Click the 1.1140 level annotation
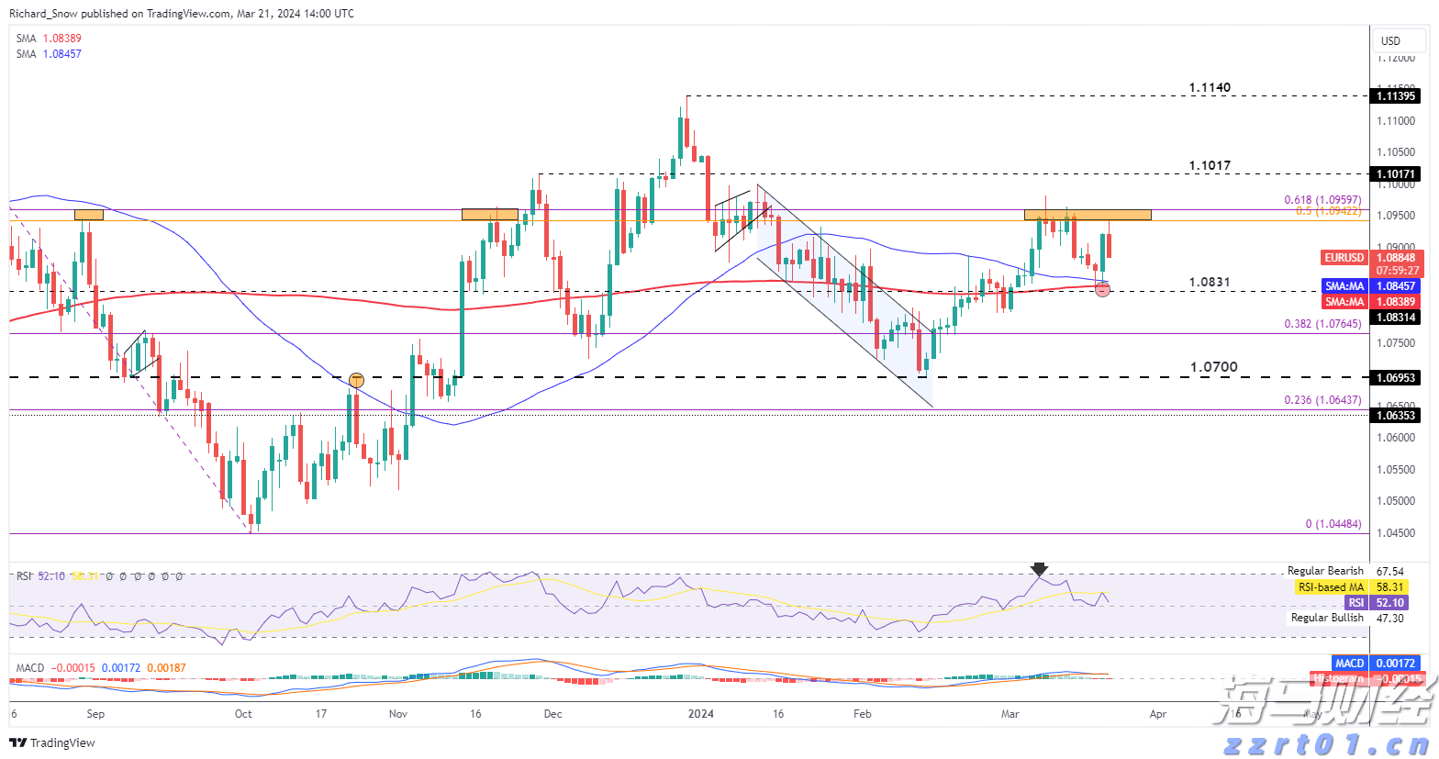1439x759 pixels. tap(1210, 88)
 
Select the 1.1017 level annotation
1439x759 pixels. tap(1210, 166)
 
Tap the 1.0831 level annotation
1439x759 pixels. tap(1210, 283)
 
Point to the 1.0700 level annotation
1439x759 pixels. tap(1213, 367)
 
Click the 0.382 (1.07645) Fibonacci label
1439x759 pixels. tap(1322, 324)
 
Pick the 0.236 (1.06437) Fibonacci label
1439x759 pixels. tap(1322, 400)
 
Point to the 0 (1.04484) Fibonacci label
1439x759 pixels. tap(1333, 524)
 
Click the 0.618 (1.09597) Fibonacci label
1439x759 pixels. tap(1322, 200)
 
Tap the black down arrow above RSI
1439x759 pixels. tap(1039, 569)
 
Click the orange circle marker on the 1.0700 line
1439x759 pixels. tap(356, 380)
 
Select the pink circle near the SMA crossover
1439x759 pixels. tap(1103, 290)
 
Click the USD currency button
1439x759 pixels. tap(1390, 40)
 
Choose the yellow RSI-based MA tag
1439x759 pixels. tap(1331, 587)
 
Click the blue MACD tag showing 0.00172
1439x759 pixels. tap(1349, 663)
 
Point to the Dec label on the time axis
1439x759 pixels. tap(552, 714)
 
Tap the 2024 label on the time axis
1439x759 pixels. tap(701, 714)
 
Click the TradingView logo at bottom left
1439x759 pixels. tap(53, 742)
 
